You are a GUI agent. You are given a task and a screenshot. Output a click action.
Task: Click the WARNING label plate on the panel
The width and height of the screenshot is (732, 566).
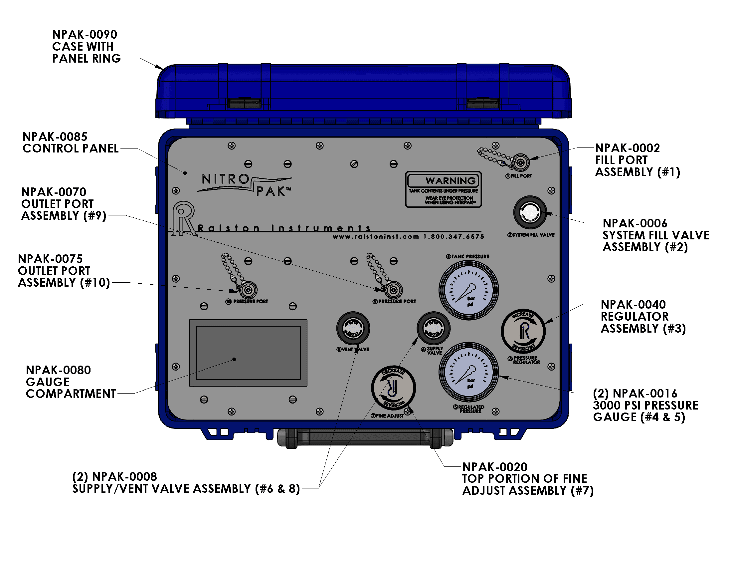click(x=443, y=189)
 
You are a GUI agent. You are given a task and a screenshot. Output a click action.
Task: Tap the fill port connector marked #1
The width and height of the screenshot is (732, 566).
click(x=520, y=163)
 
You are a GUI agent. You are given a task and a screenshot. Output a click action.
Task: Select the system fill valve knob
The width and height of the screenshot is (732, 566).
click(x=530, y=213)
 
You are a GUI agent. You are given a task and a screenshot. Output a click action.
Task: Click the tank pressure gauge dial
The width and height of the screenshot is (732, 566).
click(x=468, y=290)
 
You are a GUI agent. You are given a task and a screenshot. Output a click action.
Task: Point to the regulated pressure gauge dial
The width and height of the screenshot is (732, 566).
click(x=468, y=372)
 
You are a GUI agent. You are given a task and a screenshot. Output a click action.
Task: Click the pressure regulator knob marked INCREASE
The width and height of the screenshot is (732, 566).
click(x=523, y=331)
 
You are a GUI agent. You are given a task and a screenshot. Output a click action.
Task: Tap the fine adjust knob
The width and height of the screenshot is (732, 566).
click(x=393, y=388)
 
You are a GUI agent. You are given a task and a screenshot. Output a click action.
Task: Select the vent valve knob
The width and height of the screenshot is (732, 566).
click(x=353, y=328)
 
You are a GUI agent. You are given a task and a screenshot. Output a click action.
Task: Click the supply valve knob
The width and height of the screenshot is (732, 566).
click(x=433, y=328)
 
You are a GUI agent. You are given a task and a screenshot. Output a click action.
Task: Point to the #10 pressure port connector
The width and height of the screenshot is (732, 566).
click(x=248, y=290)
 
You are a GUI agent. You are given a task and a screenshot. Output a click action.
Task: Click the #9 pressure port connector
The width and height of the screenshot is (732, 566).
click(x=394, y=290)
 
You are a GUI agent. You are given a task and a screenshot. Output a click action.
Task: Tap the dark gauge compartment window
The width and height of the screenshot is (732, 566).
click(x=248, y=353)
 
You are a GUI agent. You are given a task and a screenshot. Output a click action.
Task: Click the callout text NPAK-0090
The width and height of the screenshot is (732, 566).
click(x=85, y=35)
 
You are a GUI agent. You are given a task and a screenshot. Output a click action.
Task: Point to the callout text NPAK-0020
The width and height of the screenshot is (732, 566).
click(x=495, y=467)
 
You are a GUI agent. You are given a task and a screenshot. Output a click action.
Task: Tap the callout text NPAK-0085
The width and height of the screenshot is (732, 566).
click(x=55, y=137)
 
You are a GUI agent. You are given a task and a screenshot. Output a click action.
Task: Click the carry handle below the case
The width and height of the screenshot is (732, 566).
click(x=365, y=437)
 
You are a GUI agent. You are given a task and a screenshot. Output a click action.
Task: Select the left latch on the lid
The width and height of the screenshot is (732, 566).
click(x=244, y=103)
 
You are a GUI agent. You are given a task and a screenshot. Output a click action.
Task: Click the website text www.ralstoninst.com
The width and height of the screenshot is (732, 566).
click(x=376, y=237)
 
